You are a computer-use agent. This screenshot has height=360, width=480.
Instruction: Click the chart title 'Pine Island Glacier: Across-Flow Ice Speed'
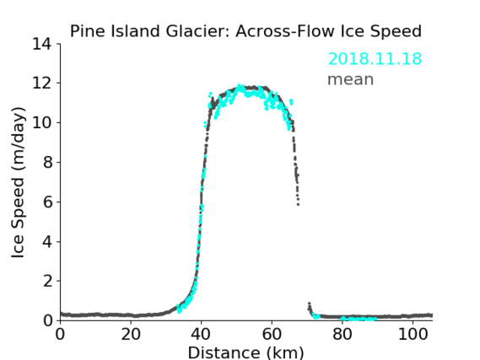tap(245, 31)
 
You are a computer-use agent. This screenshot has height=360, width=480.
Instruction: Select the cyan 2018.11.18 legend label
tap(375, 59)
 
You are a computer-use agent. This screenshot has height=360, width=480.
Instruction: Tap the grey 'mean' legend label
tap(351, 79)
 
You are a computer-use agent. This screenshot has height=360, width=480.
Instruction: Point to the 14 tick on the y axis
tap(42, 44)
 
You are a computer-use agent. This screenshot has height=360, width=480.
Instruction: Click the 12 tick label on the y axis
tap(42, 83)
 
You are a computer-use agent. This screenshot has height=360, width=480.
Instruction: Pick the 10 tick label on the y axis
tap(42, 122)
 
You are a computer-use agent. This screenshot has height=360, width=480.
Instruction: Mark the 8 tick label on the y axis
tap(47, 162)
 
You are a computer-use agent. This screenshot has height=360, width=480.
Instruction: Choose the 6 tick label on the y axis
tap(47, 201)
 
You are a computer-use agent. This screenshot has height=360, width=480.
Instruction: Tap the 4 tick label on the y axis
tap(47, 242)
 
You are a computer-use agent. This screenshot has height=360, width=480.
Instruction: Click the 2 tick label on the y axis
tap(47, 281)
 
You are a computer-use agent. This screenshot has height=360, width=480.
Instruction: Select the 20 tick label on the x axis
tap(131, 335)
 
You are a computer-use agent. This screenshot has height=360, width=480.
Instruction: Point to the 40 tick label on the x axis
tap(201, 335)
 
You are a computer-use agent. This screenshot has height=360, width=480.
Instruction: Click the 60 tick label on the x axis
tap(272, 335)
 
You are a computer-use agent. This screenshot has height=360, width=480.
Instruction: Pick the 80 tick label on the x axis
tap(342, 335)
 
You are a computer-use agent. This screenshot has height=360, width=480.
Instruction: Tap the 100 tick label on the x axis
tap(413, 335)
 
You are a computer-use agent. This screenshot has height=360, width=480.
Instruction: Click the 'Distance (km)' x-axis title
tap(245, 352)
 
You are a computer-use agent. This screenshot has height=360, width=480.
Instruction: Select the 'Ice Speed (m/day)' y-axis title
tap(18, 182)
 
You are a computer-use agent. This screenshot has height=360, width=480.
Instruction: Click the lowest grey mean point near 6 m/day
tap(298, 204)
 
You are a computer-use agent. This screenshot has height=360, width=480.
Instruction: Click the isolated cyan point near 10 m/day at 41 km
tap(205, 123)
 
